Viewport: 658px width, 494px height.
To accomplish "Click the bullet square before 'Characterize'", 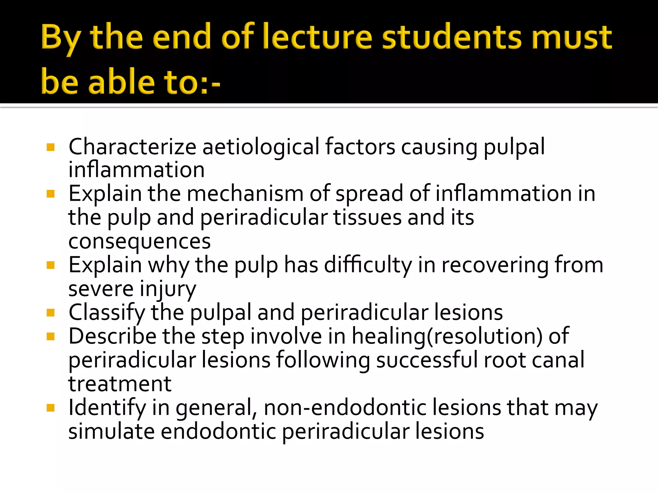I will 50,147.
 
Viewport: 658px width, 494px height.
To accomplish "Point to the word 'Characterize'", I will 132,147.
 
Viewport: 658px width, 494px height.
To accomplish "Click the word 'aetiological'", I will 260,147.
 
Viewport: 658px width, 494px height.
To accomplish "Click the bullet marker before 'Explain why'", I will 50,265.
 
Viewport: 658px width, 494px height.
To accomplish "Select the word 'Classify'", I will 107,313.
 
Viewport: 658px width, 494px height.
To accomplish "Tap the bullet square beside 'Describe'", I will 50,337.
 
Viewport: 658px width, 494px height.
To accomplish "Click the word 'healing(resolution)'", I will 447,336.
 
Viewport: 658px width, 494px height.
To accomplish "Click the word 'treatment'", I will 120,384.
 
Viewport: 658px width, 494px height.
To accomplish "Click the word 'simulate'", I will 111,431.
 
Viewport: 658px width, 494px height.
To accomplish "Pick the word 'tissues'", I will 367,217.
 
